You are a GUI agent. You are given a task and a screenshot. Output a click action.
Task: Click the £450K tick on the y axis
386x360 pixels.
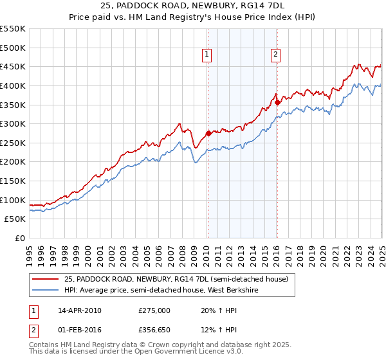[13, 66]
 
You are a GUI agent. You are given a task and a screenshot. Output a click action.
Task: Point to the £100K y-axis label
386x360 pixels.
[13, 200]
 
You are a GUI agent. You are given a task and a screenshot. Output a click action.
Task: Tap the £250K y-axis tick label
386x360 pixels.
[13, 143]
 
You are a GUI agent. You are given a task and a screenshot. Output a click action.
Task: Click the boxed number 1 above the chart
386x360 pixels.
[208, 55]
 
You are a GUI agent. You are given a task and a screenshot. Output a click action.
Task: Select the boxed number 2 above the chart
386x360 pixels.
[275, 55]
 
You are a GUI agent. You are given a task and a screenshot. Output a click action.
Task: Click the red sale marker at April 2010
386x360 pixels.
[208, 134]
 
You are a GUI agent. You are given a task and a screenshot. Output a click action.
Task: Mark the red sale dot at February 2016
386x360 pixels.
[277, 102]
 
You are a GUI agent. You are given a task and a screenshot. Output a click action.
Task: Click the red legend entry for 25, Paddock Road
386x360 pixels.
[179, 278]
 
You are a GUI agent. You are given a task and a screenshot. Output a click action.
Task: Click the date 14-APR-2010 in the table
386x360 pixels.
[80, 310]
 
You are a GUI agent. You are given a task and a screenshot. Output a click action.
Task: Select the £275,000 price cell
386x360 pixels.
[154, 310]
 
